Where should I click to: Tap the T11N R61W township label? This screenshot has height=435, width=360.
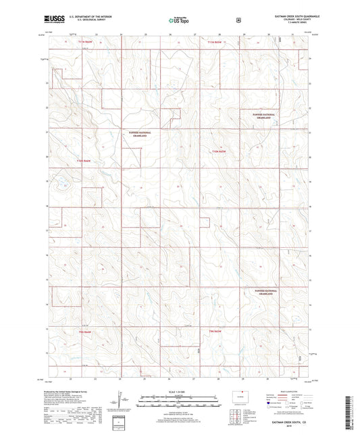click(x=215, y=43)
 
